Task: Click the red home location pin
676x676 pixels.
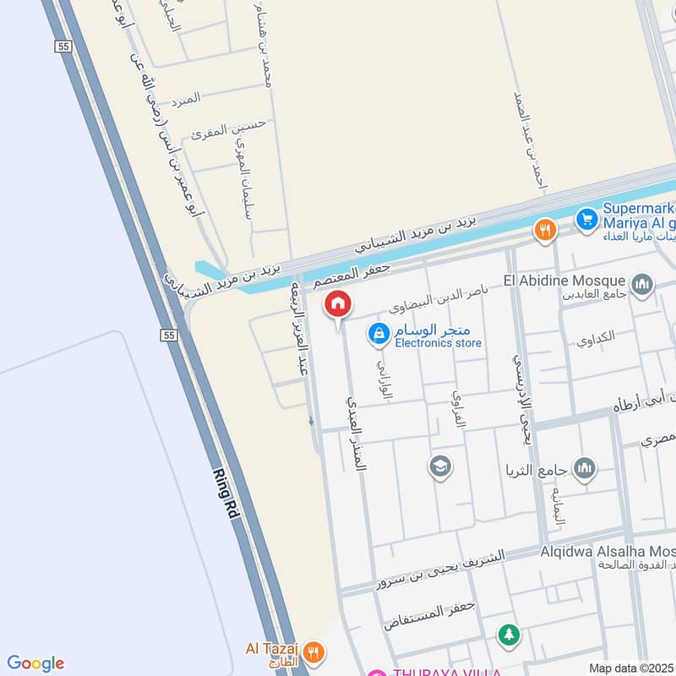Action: [x=338, y=304]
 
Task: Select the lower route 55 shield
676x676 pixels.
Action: [x=169, y=335]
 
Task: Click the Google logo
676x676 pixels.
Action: [x=35, y=663]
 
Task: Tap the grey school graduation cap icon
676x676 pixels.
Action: [x=439, y=466]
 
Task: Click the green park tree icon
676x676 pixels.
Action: [x=508, y=635]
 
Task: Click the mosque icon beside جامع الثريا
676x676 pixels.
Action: [x=585, y=467]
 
